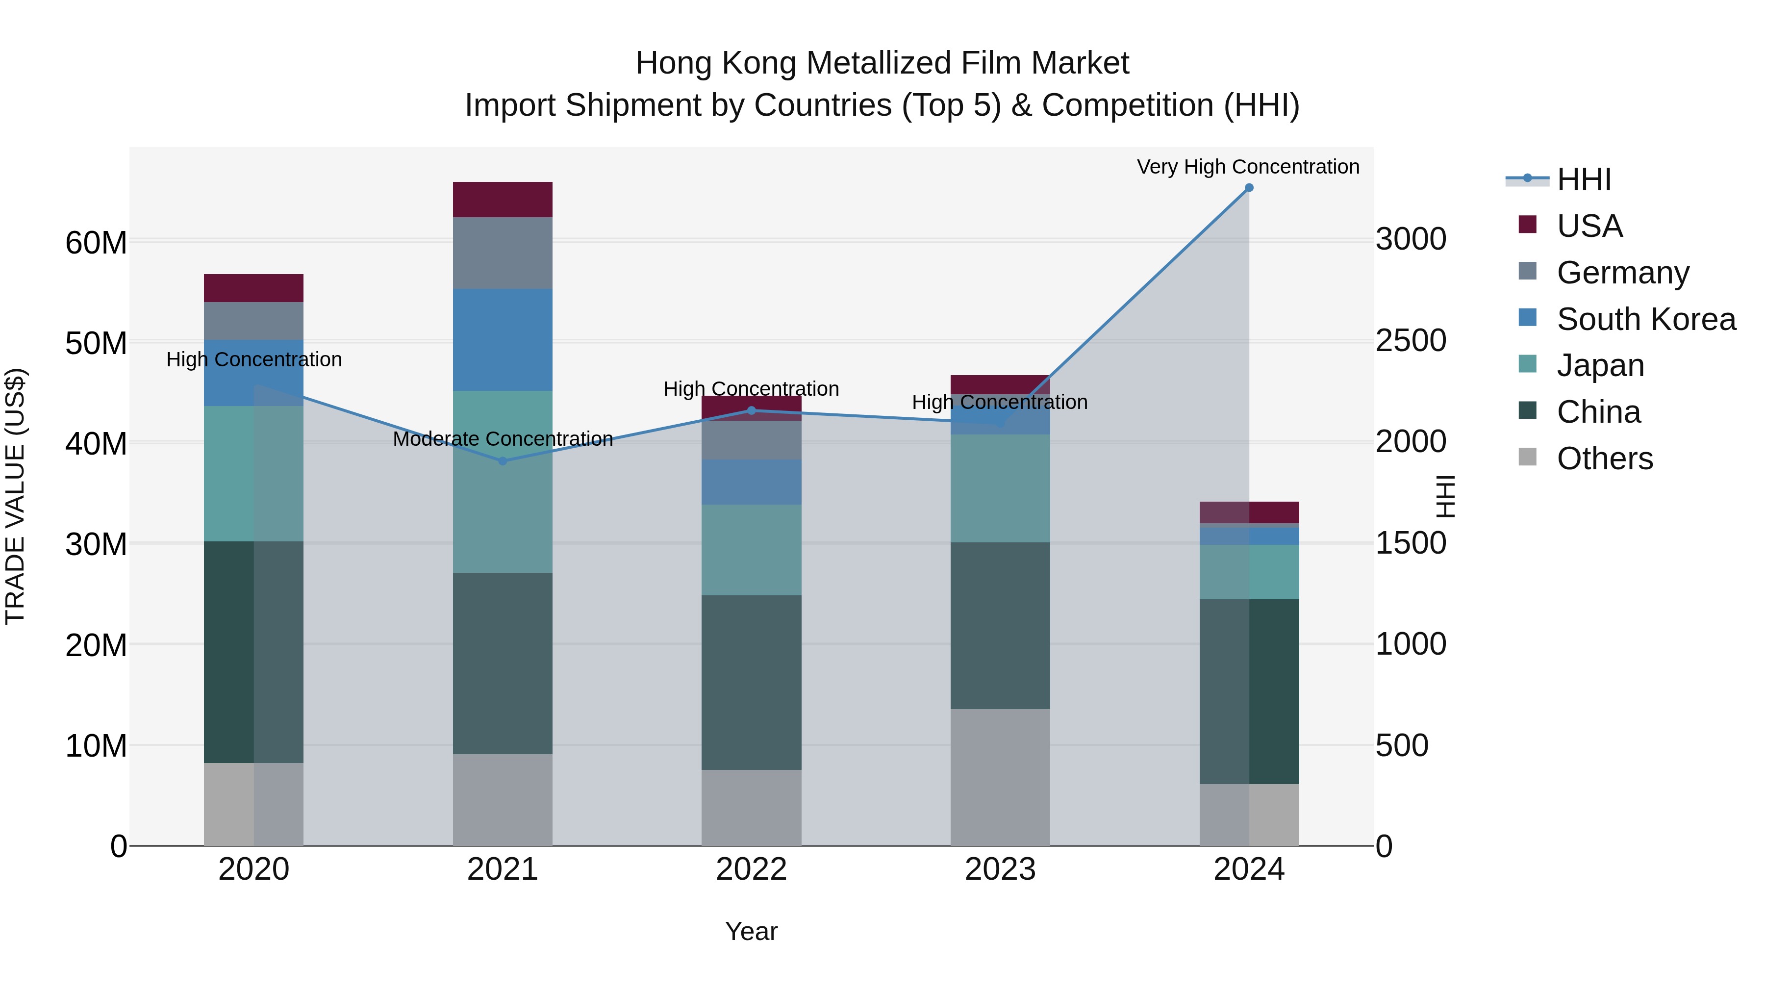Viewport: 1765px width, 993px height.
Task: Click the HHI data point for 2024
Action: (1248, 188)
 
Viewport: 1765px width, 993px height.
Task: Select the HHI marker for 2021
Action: (503, 461)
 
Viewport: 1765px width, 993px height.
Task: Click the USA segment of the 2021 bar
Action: (503, 200)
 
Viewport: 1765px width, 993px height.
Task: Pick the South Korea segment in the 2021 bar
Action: (503, 340)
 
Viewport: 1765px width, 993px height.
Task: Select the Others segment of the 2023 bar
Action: (1000, 777)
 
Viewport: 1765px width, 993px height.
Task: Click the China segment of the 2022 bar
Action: (751, 683)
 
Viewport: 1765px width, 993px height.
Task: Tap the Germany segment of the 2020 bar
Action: (253, 321)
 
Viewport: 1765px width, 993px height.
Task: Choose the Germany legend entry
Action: (1622, 273)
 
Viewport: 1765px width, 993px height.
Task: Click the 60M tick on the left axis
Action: (96, 243)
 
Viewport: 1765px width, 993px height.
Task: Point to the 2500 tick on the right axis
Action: (1411, 341)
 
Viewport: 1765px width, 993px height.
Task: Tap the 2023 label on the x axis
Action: (1000, 869)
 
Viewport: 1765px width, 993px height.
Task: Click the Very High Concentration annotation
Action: (1248, 167)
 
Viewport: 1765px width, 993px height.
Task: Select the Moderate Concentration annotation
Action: (503, 438)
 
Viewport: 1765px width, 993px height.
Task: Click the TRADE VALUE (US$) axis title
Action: (15, 496)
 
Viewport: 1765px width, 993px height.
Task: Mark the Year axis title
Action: (751, 931)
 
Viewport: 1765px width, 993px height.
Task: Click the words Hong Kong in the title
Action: (716, 63)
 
